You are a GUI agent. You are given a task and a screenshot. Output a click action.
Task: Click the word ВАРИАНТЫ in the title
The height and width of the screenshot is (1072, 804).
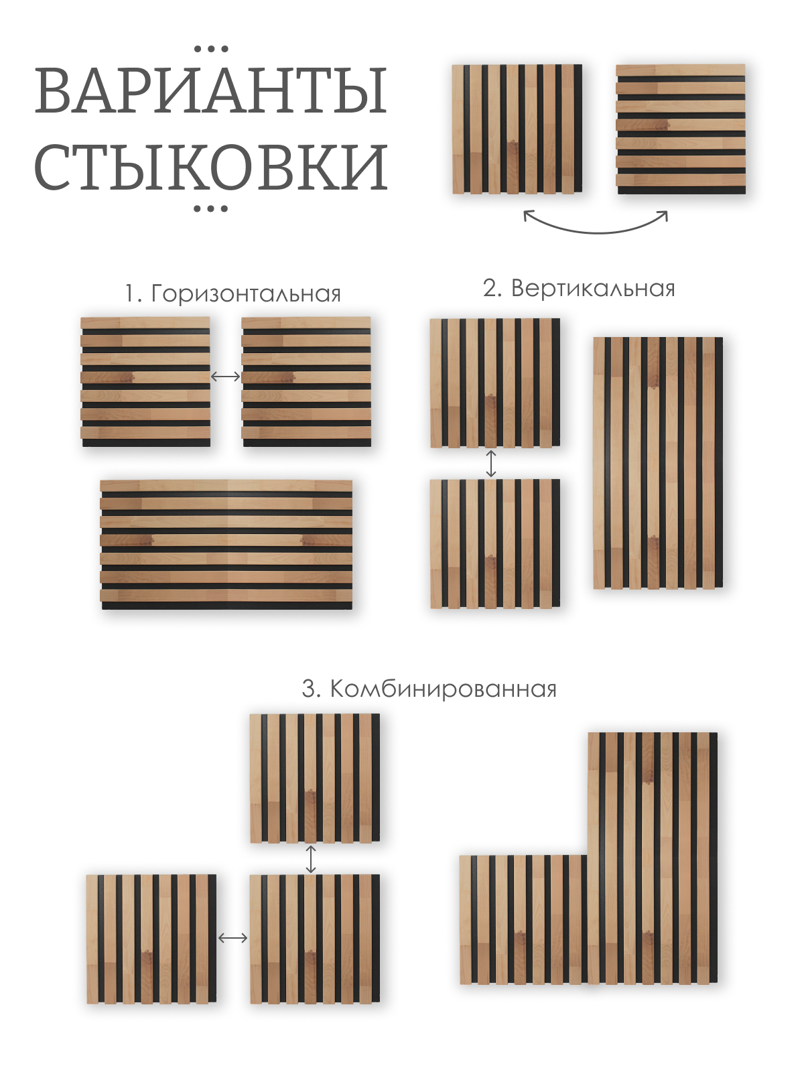211,90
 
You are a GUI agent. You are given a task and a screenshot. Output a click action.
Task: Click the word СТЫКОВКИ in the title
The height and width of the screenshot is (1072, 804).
211,166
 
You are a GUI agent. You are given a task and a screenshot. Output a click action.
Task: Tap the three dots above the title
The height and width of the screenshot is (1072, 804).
211,49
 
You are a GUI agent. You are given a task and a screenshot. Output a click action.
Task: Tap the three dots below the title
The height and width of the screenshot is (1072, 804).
211,209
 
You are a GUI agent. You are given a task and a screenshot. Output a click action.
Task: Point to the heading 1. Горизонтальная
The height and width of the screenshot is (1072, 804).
232,293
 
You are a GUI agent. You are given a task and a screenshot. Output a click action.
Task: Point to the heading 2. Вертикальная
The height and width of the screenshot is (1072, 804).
579,288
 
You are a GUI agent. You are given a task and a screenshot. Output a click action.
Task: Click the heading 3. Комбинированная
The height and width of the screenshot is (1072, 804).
429,689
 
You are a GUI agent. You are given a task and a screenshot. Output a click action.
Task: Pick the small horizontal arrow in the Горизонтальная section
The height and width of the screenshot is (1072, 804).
226,377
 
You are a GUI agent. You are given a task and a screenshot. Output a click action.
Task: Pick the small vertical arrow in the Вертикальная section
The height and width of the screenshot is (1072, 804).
491,463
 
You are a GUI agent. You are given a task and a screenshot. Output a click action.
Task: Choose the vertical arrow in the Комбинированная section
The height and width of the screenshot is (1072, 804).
310,859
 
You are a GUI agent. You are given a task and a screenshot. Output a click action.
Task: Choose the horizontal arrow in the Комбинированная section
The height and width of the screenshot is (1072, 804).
232,938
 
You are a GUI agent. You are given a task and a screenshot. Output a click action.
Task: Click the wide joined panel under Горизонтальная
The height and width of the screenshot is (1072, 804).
226,544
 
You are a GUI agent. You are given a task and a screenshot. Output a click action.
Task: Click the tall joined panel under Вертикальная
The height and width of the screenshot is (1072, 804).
657,463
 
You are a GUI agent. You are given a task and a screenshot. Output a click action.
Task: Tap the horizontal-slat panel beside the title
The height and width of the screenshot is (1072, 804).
681,129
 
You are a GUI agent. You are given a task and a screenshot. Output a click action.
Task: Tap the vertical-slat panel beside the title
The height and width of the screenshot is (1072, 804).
517,129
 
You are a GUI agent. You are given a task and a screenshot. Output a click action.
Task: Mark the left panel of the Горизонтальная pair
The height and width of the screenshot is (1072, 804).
145,381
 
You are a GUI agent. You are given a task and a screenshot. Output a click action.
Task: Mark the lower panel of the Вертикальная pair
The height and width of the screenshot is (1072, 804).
495,543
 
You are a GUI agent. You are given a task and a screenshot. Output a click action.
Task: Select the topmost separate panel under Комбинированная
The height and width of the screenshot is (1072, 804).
314,777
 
